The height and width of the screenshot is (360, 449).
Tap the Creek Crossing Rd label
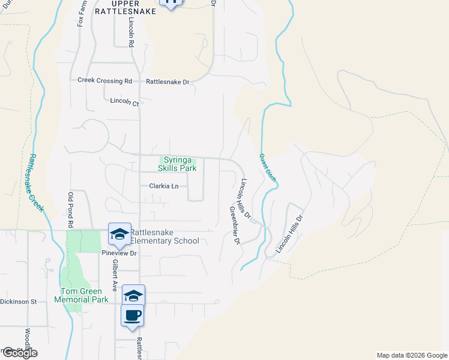point(104,81)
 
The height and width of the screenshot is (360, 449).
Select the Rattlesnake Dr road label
point(167,82)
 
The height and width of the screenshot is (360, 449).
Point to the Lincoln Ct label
point(124,102)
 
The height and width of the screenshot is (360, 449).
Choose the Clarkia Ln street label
point(163,187)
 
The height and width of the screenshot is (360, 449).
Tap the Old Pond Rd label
point(70,210)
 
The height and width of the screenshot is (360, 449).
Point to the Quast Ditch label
point(267,167)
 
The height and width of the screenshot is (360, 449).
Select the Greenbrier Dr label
point(234,226)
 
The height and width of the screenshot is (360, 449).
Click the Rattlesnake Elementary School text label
point(164,236)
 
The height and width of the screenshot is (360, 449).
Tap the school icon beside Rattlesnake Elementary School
point(119,234)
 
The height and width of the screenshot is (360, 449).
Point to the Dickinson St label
point(19,302)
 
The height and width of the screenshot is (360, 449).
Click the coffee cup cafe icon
point(133,315)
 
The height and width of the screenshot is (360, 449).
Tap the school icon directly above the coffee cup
point(133,295)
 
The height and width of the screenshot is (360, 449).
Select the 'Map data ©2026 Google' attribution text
point(412,355)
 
